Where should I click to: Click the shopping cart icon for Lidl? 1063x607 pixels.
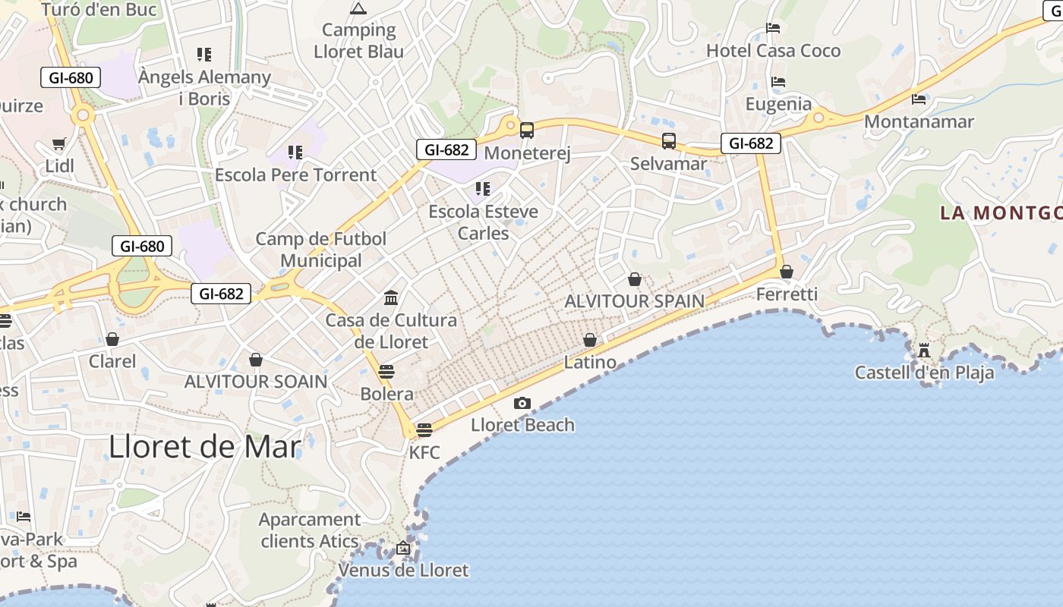pyautogui.click(x=58, y=143)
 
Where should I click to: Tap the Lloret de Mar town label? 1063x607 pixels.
pyautogui.click(x=205, y=446)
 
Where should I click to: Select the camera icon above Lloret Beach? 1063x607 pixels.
pyautogui.click(x=522, y=403)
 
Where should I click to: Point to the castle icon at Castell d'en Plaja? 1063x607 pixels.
pyautogui.click(x=924, y=351)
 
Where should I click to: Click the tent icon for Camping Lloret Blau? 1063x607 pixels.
pyautogui.click(x=358, y=9)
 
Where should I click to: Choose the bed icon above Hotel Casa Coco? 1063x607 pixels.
pyautogui.click(x=773, y=28)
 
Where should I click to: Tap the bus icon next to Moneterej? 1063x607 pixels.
pyautogui.click(x=527, y=131)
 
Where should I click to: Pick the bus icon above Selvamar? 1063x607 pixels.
pyautogui.click(x=668, y=141)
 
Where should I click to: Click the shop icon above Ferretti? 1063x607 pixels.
pyautogui.click(x=787, y=272)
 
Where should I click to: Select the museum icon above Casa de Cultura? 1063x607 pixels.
pyautogui.click(x=391, y=297)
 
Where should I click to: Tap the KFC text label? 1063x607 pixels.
pyautogui.click(x=424, y=453)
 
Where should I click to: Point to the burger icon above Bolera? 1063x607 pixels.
pyautogui.click(x=386, y=371)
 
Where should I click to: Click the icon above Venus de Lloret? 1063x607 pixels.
pyautogui.click(x=403, y=548)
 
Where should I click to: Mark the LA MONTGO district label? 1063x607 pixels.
pyautogui.click(x=1001, y=212)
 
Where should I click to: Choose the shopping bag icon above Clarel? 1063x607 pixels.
pyautogui.click(x=112, y=338)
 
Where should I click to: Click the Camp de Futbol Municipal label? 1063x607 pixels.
pyautogui.click(x=321, y=250)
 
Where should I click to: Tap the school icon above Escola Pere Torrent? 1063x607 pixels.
pyautogui.click(x=295, y=153)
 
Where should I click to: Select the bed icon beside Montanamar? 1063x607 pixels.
pyautogui.click(x=919, y=99)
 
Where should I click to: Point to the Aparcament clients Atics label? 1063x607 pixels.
pyautogui.click(x=310, y=530)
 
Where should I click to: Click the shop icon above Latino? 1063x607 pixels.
pyautogui.click(x=590, y=340)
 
